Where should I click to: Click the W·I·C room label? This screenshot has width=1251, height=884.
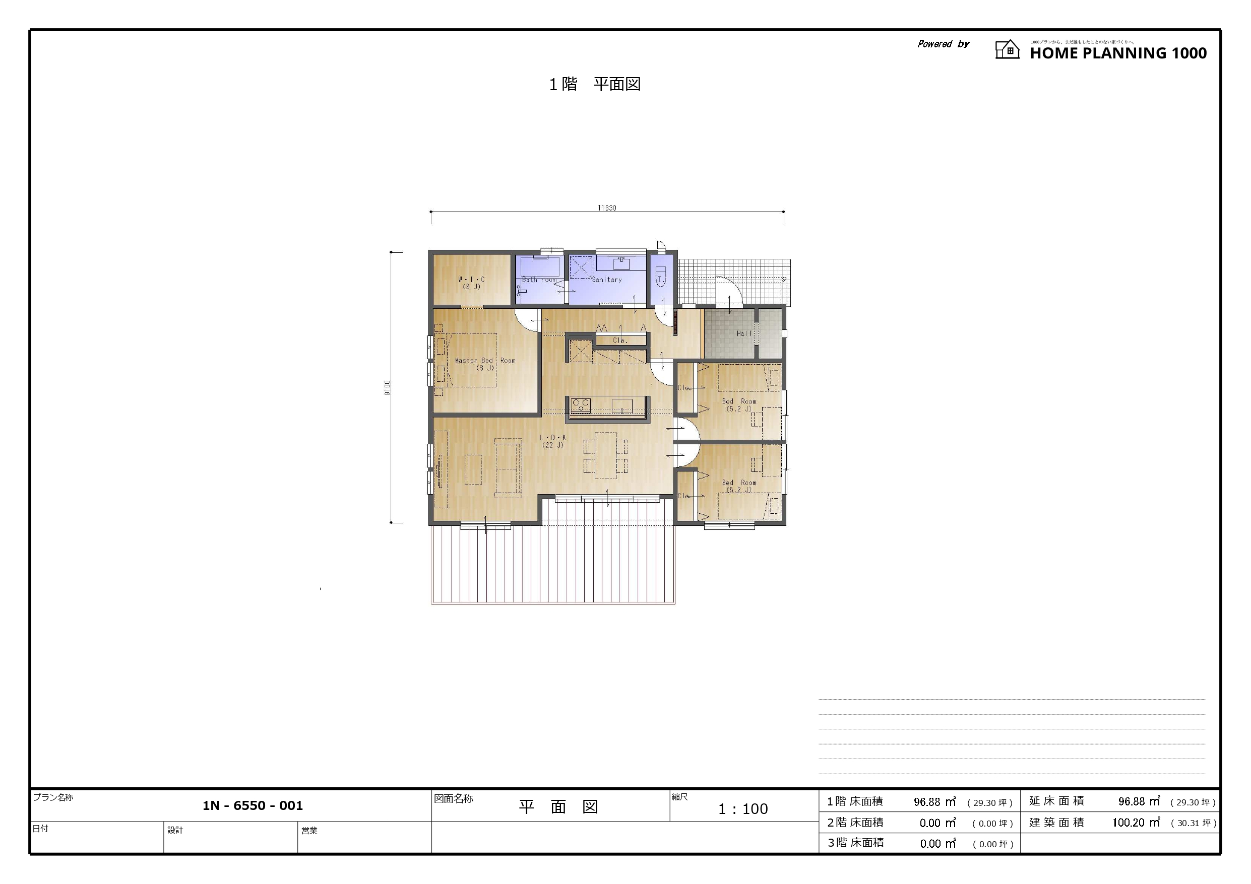(471, 283)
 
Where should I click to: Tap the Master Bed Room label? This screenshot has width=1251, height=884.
(485, 364)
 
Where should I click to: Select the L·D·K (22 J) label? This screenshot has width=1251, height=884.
(552, 441)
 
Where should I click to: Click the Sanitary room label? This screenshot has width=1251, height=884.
(606, 280)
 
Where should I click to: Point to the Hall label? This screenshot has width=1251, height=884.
(744, 333)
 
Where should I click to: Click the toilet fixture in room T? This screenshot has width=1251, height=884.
(661, 277)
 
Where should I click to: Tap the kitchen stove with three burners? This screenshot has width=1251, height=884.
(581, 405)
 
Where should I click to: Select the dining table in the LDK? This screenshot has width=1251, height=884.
(605, 455)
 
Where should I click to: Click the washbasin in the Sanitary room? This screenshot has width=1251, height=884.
(621, 263)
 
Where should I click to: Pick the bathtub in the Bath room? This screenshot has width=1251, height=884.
(539, 267)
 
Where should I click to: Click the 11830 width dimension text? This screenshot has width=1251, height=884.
(606, 208)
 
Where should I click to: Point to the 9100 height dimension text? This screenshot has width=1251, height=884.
(387, 387)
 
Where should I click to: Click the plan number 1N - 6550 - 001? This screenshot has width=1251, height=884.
(253, 805)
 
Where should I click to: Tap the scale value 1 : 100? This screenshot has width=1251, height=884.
(742, 809)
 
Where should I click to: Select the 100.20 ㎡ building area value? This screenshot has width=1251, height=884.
(1136, 823)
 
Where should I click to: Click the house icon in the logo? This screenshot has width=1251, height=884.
(1007, 49)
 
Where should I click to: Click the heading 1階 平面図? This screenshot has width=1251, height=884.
(594, 85)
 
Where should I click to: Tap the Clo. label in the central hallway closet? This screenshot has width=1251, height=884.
(620, 341)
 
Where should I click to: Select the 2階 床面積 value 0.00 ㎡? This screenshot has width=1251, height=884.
(937, 823)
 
